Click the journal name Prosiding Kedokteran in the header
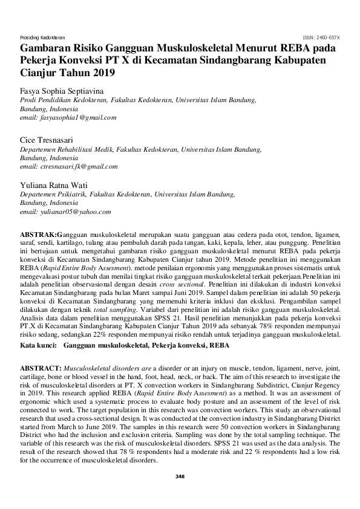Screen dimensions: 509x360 pyautogui.click(x=43, y=37)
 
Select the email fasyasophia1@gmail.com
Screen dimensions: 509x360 pyautogui.click(x=68, y=118)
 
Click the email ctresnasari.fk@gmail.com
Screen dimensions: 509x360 pyautogui.click(x=69, y=166)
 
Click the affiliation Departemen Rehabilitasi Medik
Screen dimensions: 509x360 pyautogui.click(x=68, y=148)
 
